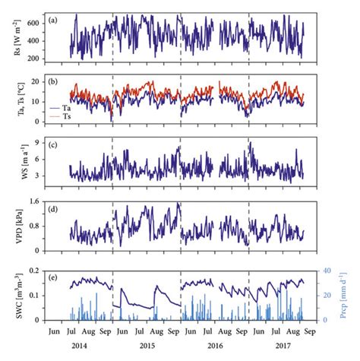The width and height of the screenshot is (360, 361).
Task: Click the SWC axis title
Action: click(x=14, y=293)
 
